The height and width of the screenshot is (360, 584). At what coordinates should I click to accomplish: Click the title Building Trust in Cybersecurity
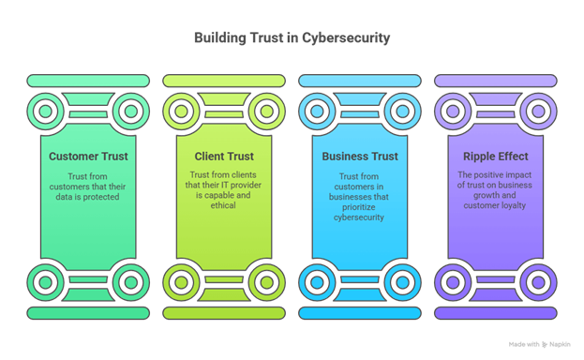point(292,38)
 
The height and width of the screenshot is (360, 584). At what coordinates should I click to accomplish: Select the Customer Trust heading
point(88,157)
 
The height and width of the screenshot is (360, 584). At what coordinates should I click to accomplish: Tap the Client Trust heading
point(223,157)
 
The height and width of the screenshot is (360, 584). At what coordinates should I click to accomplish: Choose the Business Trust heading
point(359,157)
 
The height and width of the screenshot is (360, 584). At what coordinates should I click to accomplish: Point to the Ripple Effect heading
point(494,157)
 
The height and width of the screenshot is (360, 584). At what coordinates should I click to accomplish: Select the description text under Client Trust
point(223,191)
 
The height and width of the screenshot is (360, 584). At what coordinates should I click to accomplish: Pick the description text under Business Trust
point(359,197)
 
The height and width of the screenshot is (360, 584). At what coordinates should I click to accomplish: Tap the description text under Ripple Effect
point(494,190)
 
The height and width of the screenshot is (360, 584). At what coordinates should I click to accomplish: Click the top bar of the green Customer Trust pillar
point(88,81)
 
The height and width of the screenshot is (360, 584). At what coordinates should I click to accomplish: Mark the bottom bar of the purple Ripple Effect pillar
point(494,312)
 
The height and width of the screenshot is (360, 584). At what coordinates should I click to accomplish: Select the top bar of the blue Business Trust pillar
point(359,81)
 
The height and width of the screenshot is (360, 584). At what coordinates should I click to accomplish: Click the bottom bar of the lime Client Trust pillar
point(223,312)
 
